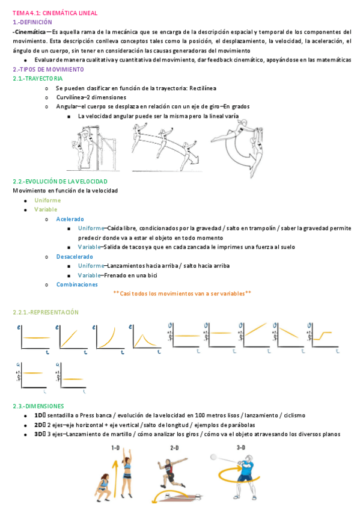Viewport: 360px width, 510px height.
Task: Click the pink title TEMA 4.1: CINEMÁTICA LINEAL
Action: click(x=55, y=13)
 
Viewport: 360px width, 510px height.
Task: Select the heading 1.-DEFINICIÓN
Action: click(x=32, y=22)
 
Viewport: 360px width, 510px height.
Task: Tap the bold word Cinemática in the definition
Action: click(x=30, y=32)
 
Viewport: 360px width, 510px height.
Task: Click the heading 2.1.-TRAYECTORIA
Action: click(x=38, y=78)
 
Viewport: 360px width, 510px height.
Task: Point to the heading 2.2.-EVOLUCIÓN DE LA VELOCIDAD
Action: click(x=60, y=182)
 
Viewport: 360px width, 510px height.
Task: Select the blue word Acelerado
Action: click(x=70, y=220)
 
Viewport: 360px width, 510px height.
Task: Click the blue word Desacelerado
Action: click(x=75, y=257)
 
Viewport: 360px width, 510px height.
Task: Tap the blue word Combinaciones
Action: click(x=77, y=284)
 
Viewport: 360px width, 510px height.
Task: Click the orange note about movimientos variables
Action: click(x=182, y=293)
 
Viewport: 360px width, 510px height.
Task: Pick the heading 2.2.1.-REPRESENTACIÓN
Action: click(x=46, y=312)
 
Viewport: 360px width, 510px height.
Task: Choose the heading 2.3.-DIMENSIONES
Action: click(x=38, y=406)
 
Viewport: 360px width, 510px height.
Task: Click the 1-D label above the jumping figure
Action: click(x=115, y=448)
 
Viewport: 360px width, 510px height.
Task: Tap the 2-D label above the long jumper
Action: click(x=174, y=448)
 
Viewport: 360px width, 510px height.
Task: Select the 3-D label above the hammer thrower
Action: click(x=241, y=447)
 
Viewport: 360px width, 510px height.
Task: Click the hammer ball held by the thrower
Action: click(x=213, y=457)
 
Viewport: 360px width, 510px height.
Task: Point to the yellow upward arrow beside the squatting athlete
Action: click(x=114, y=479)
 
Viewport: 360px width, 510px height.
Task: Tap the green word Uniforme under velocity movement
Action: click(x=47, y=200)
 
